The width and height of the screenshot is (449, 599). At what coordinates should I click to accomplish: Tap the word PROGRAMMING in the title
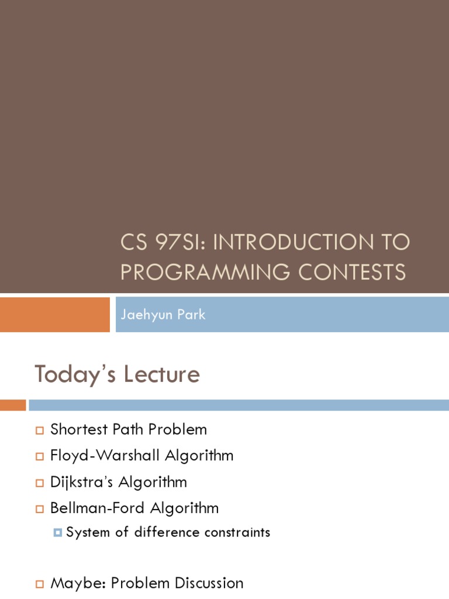(x=205, y=271)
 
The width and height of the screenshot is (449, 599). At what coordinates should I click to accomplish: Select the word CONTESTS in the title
(x=351, y=271)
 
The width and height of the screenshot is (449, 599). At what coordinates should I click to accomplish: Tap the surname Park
(x=191, y=314)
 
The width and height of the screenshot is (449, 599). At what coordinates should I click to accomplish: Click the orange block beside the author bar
(x=54, y=314)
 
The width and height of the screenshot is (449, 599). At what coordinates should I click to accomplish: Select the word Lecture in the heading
(x=161, y=374)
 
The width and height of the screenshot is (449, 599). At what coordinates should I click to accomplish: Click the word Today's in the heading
(x=75, y=375)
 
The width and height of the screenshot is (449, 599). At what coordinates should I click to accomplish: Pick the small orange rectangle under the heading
(x=13, y=405)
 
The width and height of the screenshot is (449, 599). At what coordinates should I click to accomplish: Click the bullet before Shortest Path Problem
(x=40, y=431)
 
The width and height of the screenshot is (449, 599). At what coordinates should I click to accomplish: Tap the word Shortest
(x=79, y=429)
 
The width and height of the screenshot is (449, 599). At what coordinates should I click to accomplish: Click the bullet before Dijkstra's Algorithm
(x=40, y=483)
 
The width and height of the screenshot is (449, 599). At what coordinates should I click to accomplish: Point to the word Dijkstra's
(x=81, y=482)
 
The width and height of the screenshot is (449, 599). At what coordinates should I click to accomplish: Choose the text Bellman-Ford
(x=98, y=508)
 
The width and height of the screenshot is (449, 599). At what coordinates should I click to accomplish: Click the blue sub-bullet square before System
(x=58, y=532)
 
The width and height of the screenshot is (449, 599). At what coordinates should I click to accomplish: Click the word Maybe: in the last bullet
(x=78, y=584)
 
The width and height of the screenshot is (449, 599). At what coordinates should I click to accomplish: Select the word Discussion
(x=209, y=583)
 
